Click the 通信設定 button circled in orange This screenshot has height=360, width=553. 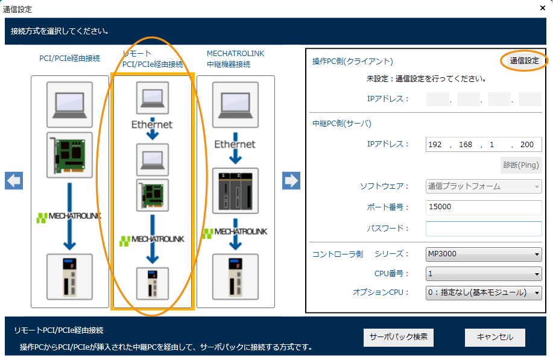click(524, 61)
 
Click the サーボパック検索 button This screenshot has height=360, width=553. click(399, 337)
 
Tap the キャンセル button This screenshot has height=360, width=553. click(495, 337)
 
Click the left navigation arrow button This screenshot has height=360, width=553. click(14, 180)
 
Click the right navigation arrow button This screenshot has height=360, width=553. click(291, 180)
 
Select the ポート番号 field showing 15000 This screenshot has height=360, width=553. click(483, 207)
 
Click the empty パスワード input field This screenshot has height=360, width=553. click(483, 229)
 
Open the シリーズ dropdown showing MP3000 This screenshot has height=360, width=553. click(483, 254)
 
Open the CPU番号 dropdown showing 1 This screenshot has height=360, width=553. click(483, 274)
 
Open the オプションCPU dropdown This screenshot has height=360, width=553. click(483, 293)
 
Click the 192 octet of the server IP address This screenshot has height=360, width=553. click(435, 145)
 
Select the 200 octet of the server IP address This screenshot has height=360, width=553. click(526, 145)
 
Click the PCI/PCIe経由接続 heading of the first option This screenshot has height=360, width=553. click(69, 58)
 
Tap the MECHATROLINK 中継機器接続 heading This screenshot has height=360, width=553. click(235, 58)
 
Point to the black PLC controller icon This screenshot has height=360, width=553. click(235, 194)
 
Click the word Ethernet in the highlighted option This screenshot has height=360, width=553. click(152, 125)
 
